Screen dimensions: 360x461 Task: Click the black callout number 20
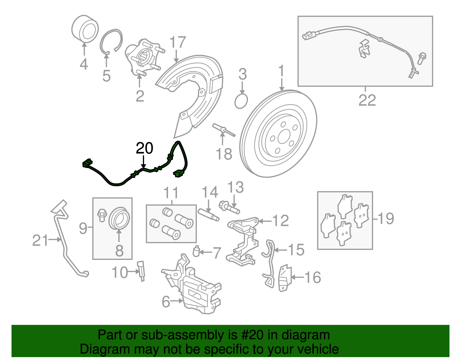(144, 148)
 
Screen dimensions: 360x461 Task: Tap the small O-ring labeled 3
(241, 101)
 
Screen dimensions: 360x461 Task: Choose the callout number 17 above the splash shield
(177, 43)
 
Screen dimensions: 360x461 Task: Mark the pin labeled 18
(223, 130)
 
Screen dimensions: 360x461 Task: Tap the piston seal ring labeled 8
(119, 218)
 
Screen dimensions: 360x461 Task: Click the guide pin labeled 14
(208, 215)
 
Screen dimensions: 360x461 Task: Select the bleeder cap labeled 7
(197, 251)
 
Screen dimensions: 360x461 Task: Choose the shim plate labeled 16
(285, 278)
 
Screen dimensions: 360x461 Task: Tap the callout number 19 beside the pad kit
(386, 218)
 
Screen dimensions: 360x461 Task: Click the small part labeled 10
(141, 270)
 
